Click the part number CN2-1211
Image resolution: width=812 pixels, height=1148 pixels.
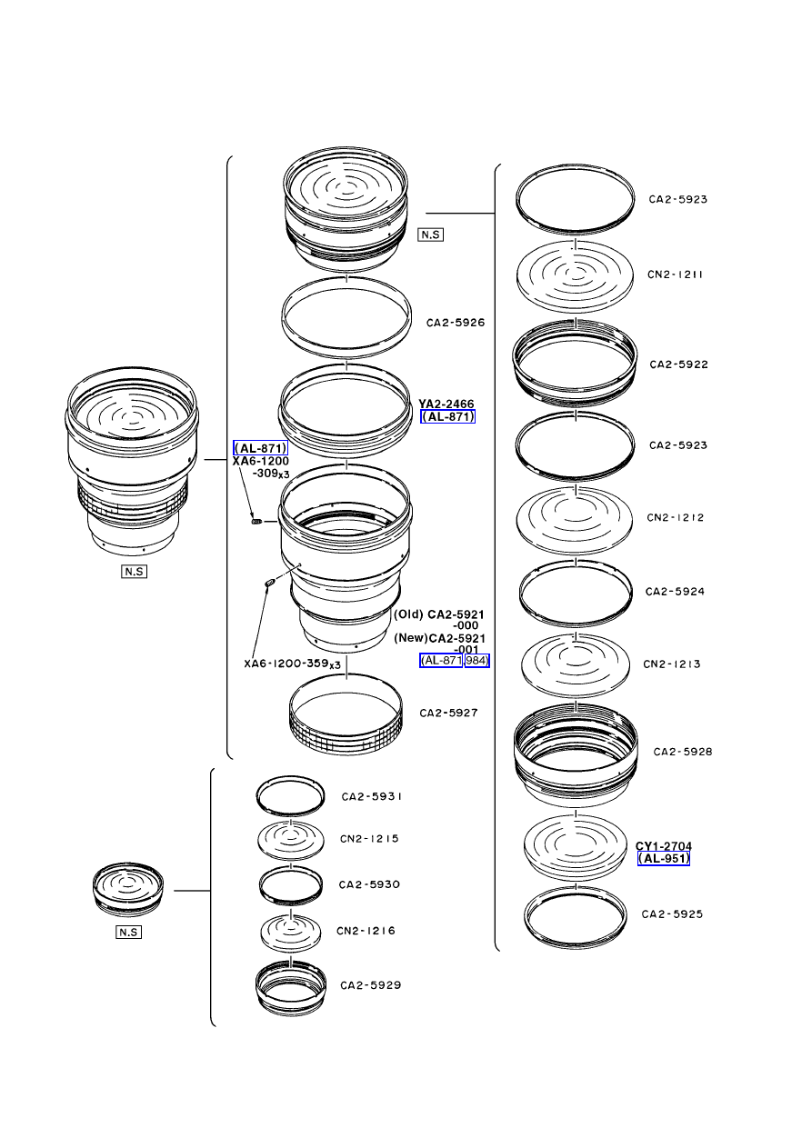coord(675,275)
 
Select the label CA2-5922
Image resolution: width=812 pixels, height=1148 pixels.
coord(678,364)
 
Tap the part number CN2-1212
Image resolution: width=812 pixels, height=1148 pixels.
coord(675,517)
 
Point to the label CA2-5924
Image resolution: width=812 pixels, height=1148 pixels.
coord(675,592)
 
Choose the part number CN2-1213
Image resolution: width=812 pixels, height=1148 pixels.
coord(672,664)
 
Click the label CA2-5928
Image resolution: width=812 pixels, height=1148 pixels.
coord(683,752)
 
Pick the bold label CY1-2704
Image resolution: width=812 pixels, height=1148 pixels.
coord(664,846)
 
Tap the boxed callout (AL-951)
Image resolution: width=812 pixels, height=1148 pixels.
coord(664,858)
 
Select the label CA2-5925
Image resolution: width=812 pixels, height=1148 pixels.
coord(672,914)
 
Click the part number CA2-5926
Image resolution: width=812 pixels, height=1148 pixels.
coord(456,323)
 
